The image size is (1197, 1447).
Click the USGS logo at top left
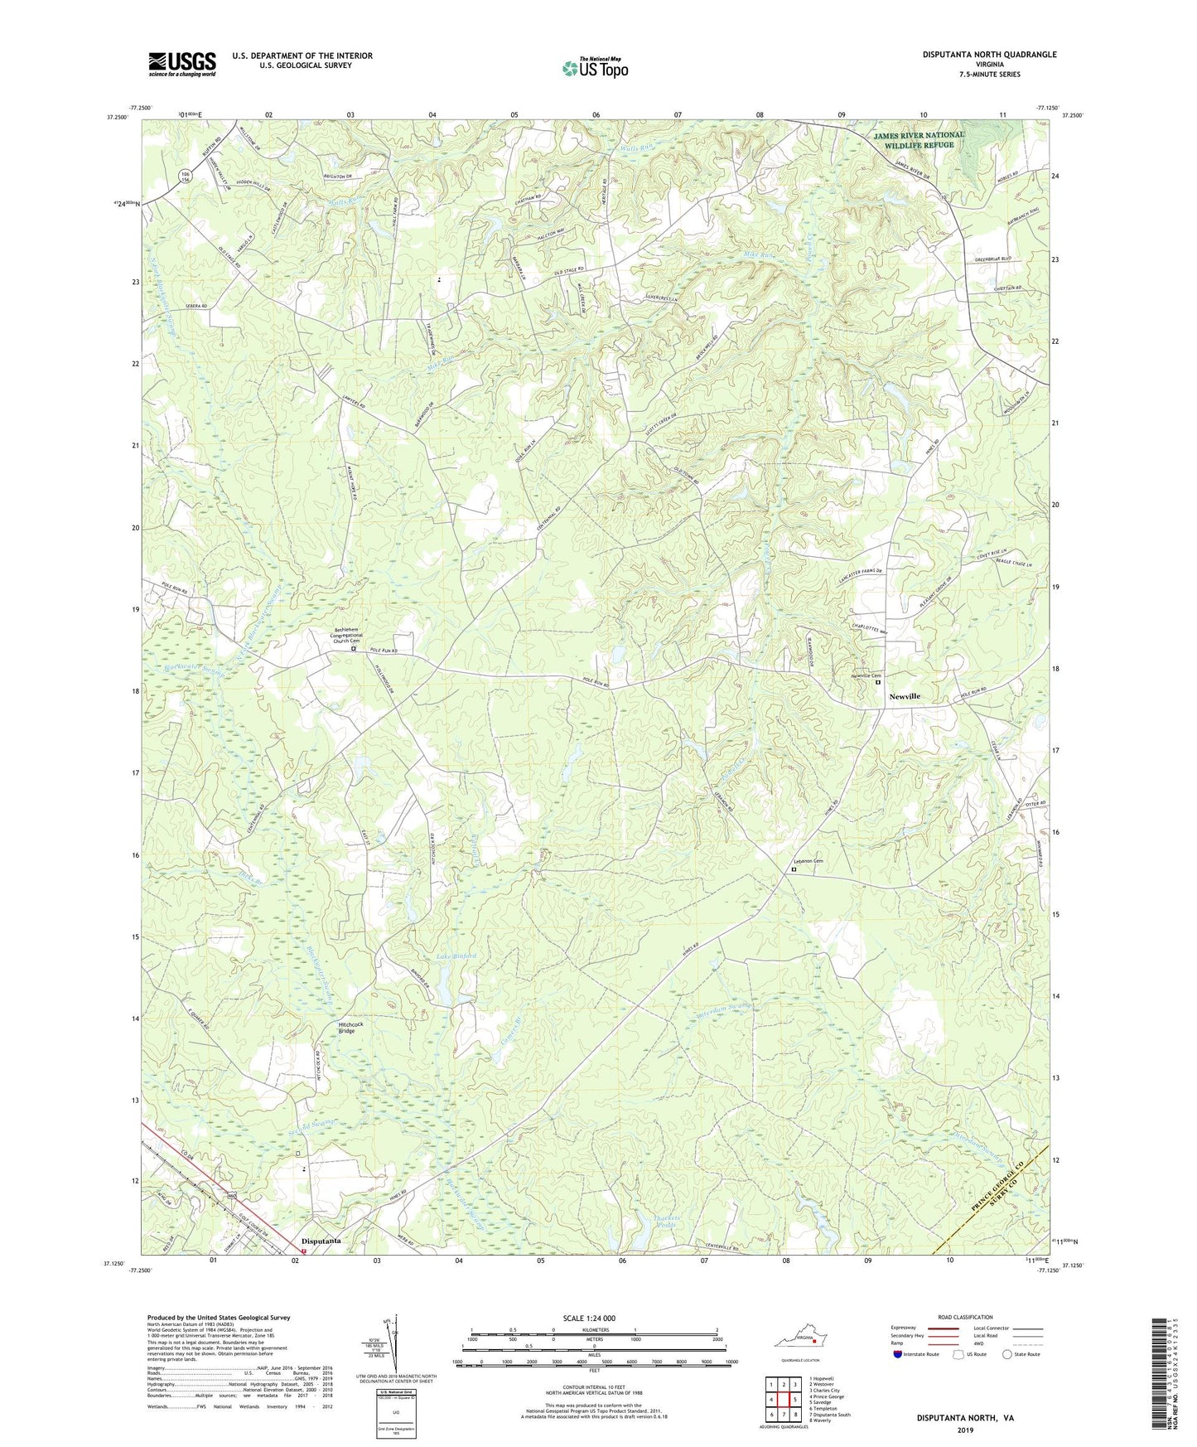tap(182, 63)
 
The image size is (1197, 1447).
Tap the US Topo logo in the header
tap(594, 68)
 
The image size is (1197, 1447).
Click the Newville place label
tap(905, 697)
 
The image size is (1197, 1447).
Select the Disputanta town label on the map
tap(321, 1241)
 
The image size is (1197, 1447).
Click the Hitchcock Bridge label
tap(350, 1028)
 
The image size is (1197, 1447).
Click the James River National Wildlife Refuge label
tap(917, 139)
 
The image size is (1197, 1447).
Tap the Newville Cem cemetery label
tap(866, 675)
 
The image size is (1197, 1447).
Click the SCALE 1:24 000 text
tap(594, 1319)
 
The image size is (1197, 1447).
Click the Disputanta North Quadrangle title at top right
tap(989, 55)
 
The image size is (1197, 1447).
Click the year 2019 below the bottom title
tap(965, 1430)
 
